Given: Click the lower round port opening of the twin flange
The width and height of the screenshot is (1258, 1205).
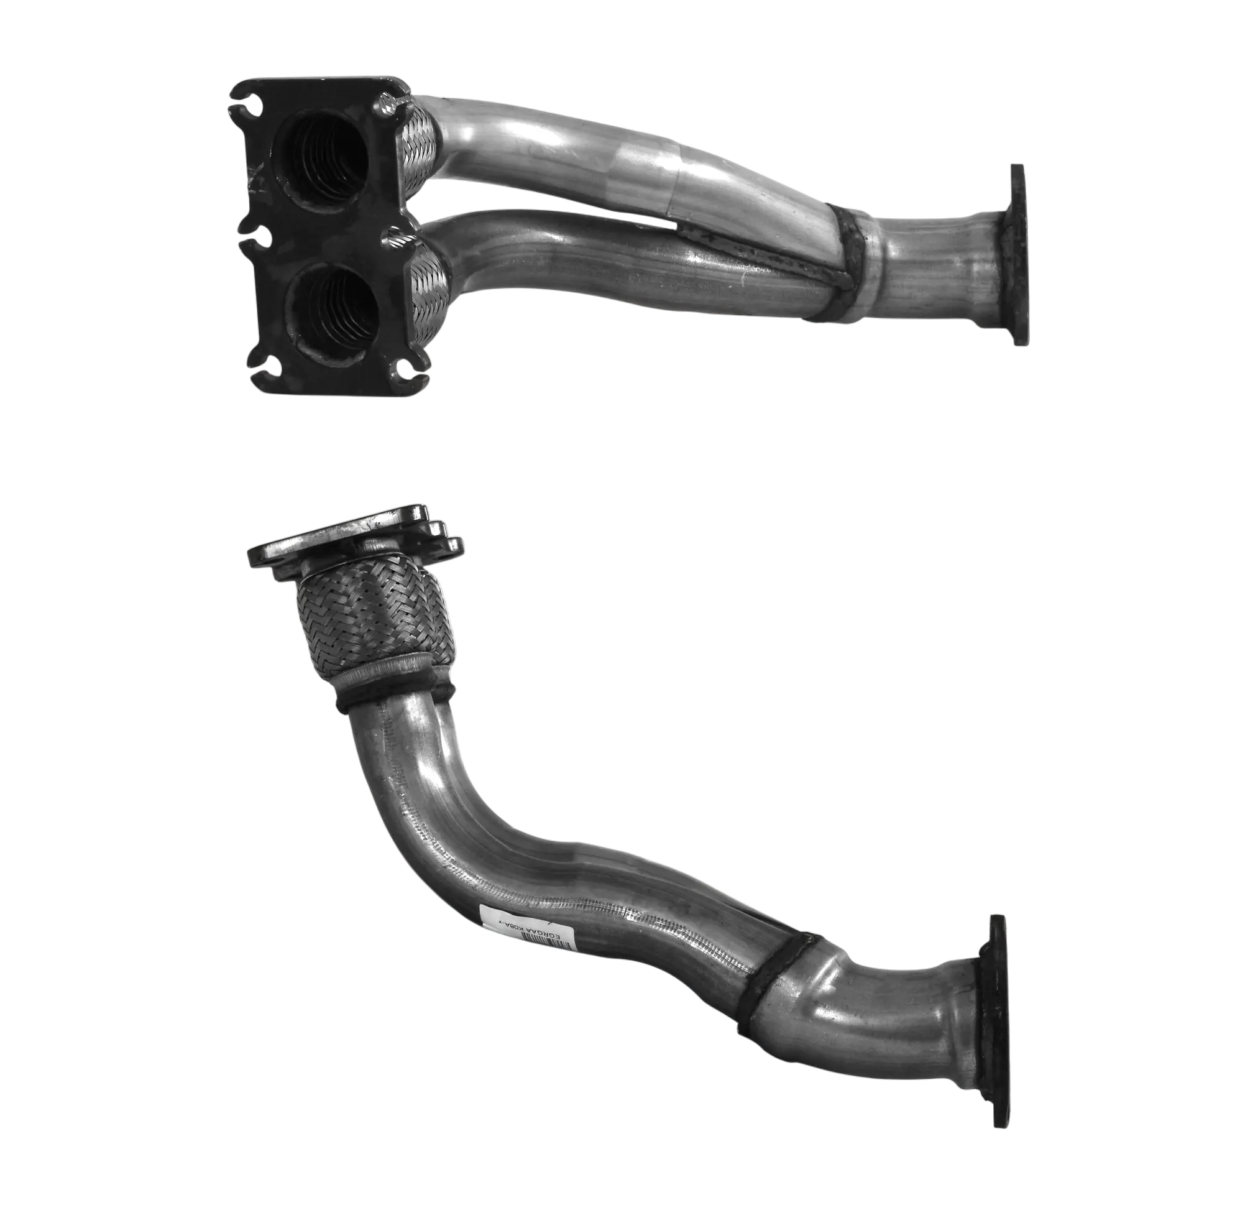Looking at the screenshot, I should click(334, 308).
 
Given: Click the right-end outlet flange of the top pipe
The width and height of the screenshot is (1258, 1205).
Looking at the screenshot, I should click(1016, 256).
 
